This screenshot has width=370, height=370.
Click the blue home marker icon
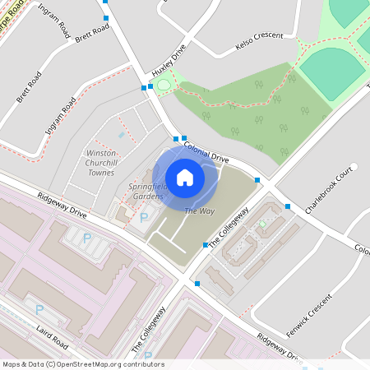[185, 177]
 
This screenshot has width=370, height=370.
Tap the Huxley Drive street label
[169, 58]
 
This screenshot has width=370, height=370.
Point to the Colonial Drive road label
[206, 150]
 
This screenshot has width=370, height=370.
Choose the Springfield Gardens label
[147, 192]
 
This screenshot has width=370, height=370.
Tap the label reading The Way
[193, 212]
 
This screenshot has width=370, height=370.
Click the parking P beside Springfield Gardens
[145, 218]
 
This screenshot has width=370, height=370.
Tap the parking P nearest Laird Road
[39, 309]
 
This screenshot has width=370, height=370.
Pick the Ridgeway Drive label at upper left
[62, 206]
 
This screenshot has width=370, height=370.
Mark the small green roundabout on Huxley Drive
[163, 85]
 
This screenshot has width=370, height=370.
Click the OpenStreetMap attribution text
[83, 364]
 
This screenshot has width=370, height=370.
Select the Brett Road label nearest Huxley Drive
[92, 34]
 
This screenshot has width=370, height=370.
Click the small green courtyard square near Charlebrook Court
[262, 223]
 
